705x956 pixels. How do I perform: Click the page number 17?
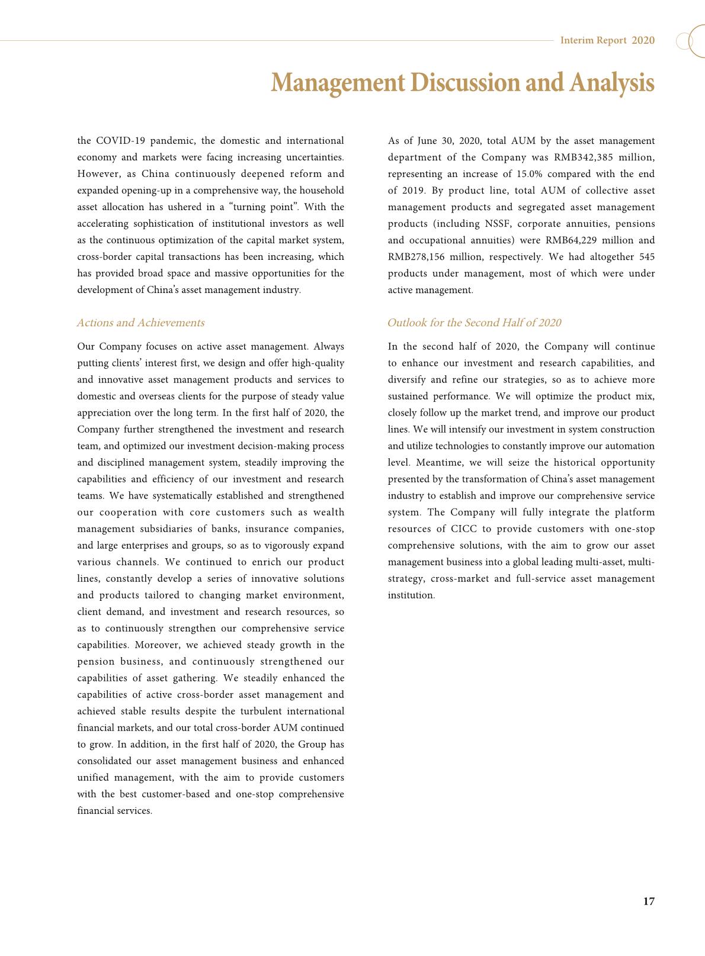[x=649, y=902]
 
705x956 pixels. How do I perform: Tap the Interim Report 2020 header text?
[x=607, y=40]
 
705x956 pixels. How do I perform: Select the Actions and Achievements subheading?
[x=140, y=323]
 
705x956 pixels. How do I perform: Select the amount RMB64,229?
[x=572, y=240]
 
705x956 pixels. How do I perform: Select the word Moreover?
[x=156, y=645]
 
